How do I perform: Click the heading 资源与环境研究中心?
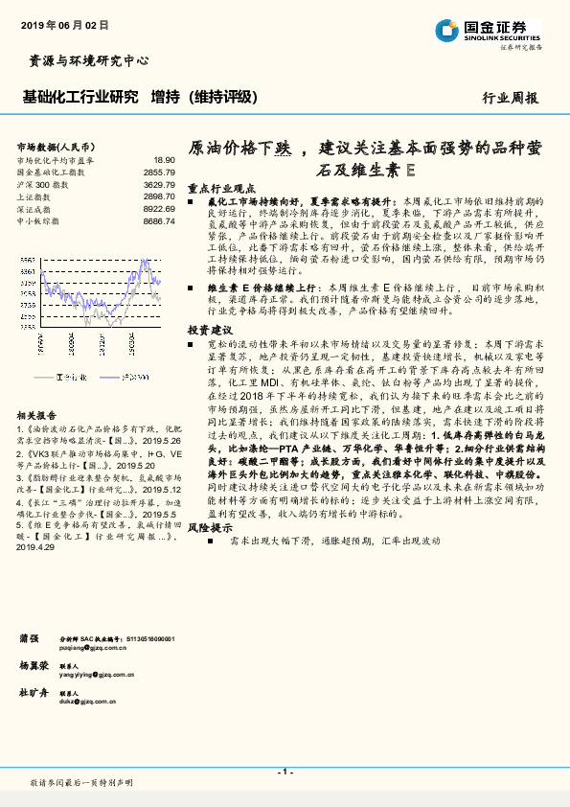click(83, 60)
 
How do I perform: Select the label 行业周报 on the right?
click(510, 98)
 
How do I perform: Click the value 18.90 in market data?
click(164, 161)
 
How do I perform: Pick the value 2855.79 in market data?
click(159, 173)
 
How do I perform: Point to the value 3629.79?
click(159, 184)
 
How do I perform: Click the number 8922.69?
click(159, 208)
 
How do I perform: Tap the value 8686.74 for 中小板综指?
click(159, 220)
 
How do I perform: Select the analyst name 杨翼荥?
click(34, 664)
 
